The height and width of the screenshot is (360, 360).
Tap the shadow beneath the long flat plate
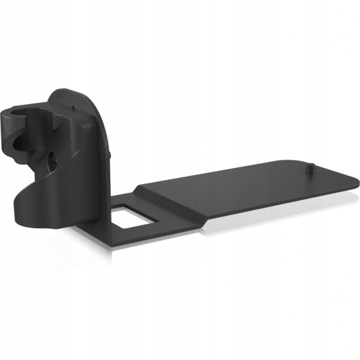click(256, 215)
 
